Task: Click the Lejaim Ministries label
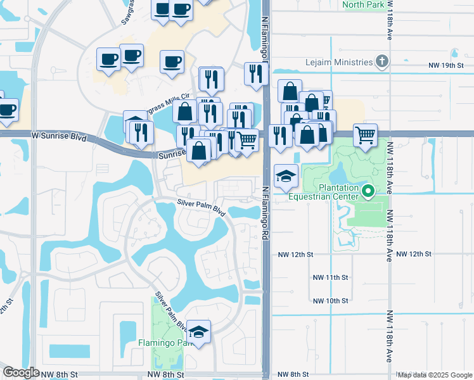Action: (x=338, y=62)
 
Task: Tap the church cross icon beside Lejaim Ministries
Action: (x=381, y=62)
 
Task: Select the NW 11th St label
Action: (x=331, y=277)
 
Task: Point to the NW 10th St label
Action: (x=331, y=300)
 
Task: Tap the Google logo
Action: (x=21, y=372)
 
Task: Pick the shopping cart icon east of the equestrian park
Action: (x=366, y=135)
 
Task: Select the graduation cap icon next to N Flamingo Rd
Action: (x=286, y=175)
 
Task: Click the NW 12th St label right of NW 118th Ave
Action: (x=415, y=254)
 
